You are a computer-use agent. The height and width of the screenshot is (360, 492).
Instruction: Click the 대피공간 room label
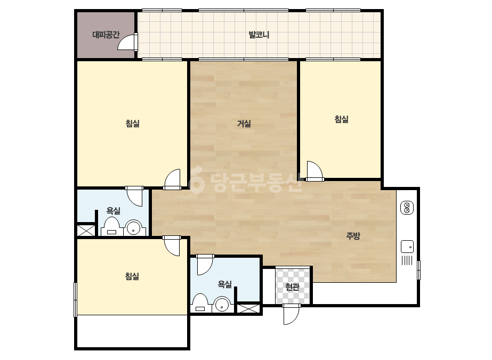pos(106,35)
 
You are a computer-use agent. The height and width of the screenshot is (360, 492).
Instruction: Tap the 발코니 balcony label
pos(259,35)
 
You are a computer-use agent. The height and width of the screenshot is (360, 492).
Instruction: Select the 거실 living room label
pos(244,124)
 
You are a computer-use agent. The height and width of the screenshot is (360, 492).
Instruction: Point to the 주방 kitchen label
pos(353,236)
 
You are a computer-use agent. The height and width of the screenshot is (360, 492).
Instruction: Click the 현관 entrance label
pos(293,287)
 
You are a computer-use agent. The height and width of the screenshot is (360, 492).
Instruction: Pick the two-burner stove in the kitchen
pos(407,208)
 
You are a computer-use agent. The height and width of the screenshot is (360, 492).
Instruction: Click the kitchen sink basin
pos(407,247)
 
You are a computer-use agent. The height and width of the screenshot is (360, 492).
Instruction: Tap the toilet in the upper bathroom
pos(111,227)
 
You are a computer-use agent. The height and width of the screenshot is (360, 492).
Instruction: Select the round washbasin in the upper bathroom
pos(134,228)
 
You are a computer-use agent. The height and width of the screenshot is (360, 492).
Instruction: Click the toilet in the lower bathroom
pos(200,302)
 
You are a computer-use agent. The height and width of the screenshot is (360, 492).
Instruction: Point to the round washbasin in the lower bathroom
pos(222,304)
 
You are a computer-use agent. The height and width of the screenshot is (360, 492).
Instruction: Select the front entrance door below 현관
pos(292,314)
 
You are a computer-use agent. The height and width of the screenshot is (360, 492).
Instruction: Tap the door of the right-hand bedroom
pos(314,171)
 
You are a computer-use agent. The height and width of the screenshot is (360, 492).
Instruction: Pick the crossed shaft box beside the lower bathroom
pos(248,308)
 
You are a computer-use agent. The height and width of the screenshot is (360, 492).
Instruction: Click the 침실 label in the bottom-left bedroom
pos(132,276)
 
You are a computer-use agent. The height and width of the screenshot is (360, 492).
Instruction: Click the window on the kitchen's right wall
pos(418,269)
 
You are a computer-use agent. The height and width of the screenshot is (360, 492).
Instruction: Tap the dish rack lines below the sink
pos(407,260)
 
